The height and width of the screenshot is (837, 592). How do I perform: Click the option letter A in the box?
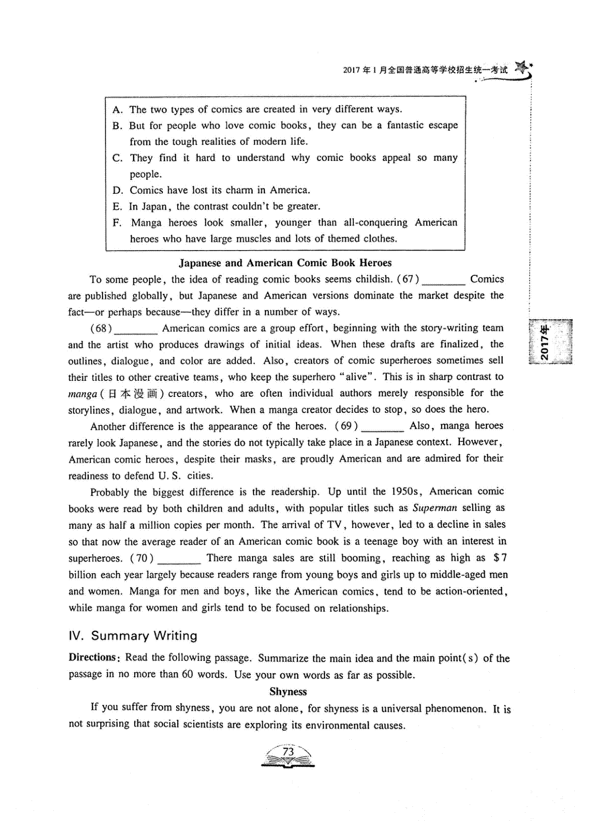[117, 109]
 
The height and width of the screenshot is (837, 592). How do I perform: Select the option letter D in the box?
[117, 190]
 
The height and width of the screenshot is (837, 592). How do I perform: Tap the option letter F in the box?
[117, 223]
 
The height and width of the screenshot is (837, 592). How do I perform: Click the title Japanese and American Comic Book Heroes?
[285, 263]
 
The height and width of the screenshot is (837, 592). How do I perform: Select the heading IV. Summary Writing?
[133, 636]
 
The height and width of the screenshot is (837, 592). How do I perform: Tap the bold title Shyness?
[288, 691]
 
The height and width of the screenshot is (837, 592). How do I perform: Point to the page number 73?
[288, 752]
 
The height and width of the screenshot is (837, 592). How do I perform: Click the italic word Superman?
[435, 508]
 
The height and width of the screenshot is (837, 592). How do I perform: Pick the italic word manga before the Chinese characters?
[82, 394]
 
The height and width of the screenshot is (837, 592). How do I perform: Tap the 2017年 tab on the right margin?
[549, 341]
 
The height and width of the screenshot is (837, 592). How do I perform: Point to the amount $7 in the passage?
[500, 558]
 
